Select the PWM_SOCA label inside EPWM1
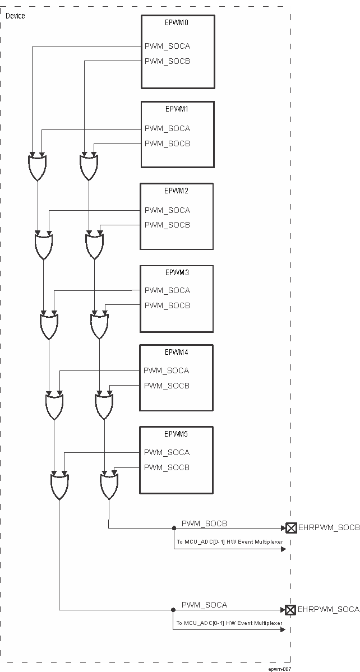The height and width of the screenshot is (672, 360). click(167, 128)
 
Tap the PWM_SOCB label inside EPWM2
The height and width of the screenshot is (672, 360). click(167, 225)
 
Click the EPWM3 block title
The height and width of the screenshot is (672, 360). click(177, 272)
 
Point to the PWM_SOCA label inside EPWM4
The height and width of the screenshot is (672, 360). click(167, 370)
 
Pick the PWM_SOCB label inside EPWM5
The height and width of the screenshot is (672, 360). click(167, 467)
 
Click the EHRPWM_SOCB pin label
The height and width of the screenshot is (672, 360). click(329, 528)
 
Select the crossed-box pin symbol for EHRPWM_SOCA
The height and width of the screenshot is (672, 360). click(291, 609)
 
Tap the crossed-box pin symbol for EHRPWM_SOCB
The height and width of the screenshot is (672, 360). click(291, 528)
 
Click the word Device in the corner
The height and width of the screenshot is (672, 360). click(15, 16)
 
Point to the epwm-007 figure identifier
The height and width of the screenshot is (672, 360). click(279, 669)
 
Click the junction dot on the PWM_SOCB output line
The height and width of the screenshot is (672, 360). click(174, 528)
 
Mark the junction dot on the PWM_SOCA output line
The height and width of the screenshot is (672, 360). click(174, 609)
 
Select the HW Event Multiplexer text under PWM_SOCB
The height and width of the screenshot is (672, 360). click(229, 542)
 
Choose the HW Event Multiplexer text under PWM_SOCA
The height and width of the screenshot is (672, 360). click(229, 623)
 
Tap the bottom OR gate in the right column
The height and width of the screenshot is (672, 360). click(109, 486)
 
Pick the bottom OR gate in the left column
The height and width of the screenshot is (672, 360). click(59, 486)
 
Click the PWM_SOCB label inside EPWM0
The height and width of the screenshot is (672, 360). click(167, 61)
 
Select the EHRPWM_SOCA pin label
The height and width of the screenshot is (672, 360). click(329, 609)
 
